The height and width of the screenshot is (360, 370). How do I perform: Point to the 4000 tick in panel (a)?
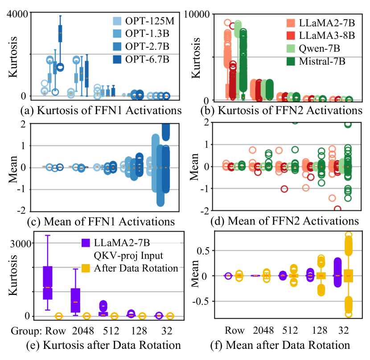click(x=16, y=13)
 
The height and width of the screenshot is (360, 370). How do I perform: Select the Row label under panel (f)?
click(x=234, y=331)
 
